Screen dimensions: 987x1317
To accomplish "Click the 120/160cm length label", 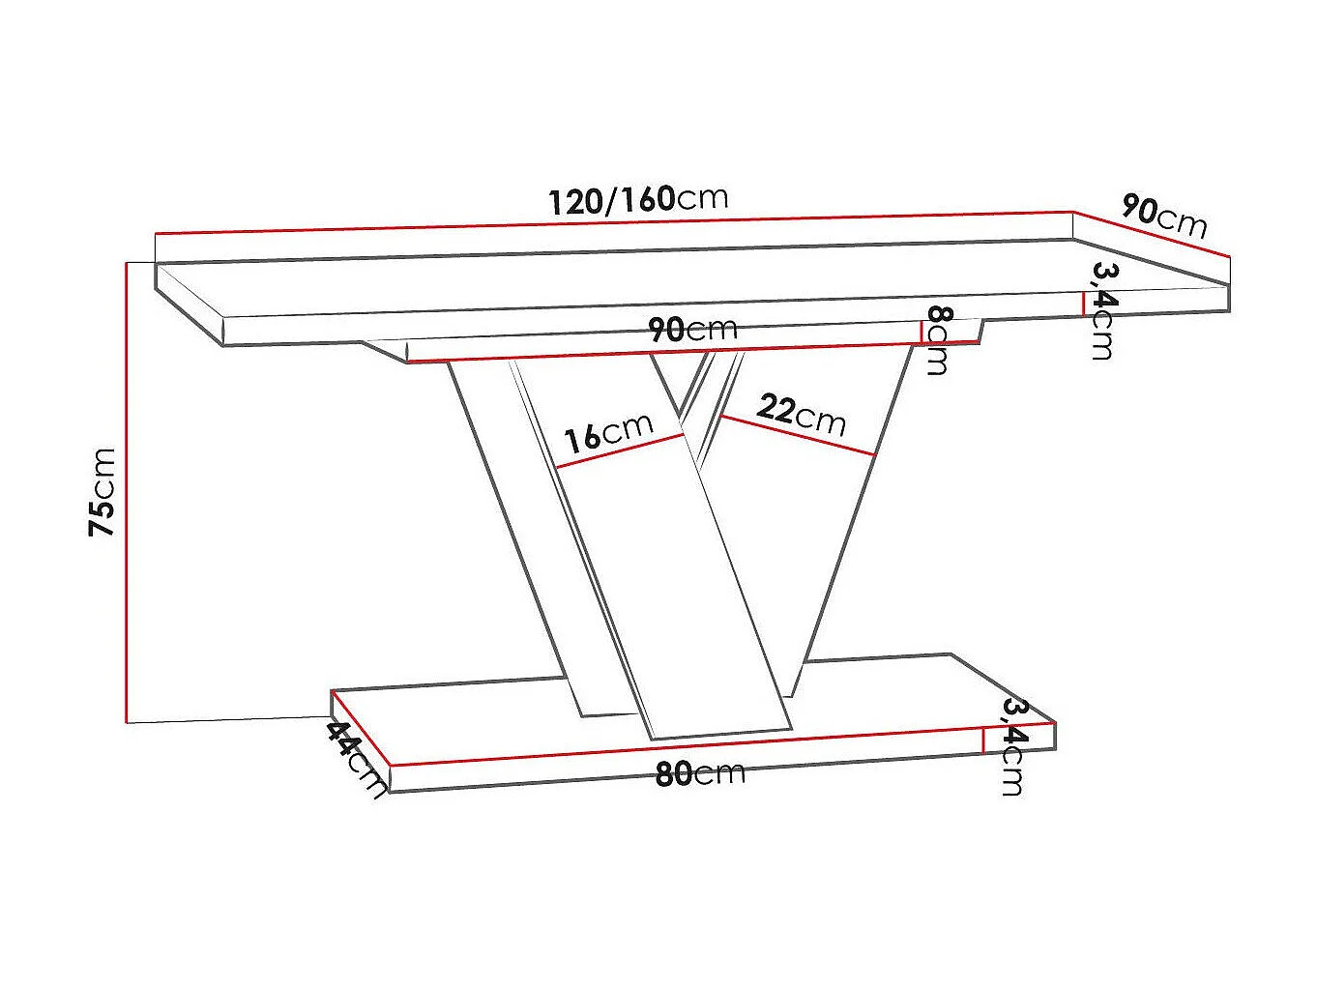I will coord(637,199).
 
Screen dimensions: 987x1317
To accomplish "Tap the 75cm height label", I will coord(102,492).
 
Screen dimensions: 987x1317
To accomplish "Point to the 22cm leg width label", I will coord(801,413).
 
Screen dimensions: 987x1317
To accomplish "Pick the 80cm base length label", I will coord(700,773).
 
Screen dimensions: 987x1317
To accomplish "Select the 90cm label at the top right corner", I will coord(1164,216).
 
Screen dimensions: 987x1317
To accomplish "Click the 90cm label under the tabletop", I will coord(692,329).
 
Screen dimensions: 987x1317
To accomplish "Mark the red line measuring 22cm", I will coord(798,435).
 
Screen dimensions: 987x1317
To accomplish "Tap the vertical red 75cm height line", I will coord(127,492).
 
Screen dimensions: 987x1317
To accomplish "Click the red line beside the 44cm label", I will coord(360,727).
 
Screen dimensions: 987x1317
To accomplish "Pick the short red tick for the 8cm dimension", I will coord(922,333).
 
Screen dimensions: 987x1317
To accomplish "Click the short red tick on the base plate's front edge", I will coord(983,741).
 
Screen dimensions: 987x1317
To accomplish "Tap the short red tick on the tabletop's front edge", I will coord(1083,303).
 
